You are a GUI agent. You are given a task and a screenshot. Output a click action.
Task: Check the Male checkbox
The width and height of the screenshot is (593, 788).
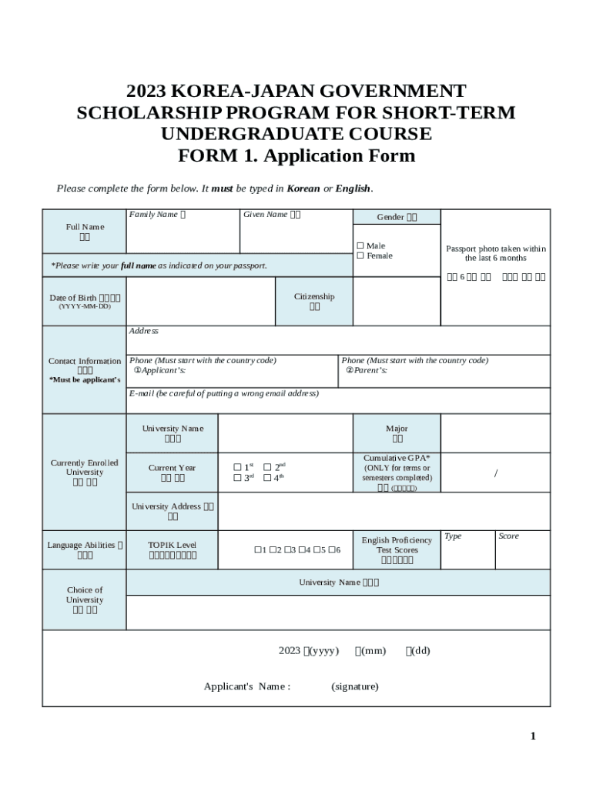pos(360,246)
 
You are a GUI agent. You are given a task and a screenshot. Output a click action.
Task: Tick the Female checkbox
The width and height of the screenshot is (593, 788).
pos(360,256)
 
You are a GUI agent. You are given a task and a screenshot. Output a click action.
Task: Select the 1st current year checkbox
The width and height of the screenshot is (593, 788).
pos(237,467)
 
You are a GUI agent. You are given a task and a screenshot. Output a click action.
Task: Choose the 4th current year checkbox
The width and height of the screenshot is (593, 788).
pos(267,478)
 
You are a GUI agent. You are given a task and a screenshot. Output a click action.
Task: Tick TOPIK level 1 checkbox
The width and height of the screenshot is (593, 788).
pos(257,550)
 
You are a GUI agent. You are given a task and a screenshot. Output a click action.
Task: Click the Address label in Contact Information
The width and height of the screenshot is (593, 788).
pos(144,331)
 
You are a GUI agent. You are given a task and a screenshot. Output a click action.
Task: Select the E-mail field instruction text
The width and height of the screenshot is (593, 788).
pos(223,394)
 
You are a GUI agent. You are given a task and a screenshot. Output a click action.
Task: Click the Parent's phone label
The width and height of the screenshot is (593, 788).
pos(366,371)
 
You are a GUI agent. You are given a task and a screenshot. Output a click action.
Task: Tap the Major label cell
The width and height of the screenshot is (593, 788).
pos(397,433)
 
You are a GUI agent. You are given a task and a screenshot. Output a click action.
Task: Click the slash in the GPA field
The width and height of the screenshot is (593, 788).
pos(495,473)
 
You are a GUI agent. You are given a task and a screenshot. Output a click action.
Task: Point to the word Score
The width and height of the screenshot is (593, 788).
pos(508,536)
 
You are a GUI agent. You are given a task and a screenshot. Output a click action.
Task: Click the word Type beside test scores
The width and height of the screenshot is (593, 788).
pos(453,536)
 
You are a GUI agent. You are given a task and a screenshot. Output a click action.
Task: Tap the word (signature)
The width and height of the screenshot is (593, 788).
pos(354,686)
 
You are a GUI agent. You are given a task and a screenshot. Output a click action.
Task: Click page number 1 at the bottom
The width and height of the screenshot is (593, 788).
pos(532,736)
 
